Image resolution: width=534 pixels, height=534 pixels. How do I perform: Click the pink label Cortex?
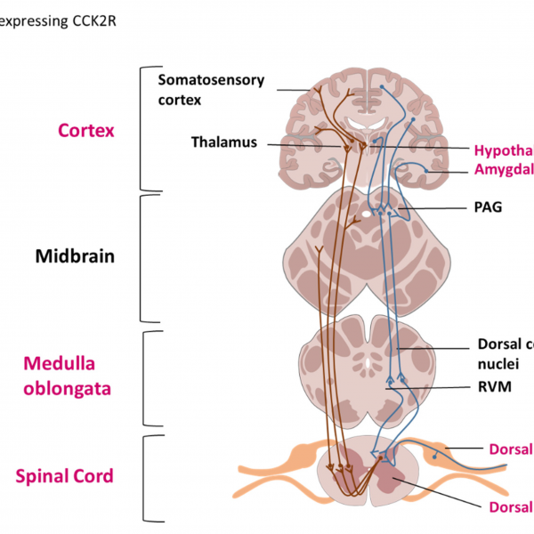point(86,130)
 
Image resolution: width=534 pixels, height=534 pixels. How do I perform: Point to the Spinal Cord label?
point(65,476)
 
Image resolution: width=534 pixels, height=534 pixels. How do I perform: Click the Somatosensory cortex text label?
point(211,89)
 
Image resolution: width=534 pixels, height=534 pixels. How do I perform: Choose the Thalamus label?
point(223,142)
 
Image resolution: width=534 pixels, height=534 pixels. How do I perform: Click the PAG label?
point(489,207)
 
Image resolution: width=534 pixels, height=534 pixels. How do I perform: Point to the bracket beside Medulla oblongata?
point(149,377)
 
